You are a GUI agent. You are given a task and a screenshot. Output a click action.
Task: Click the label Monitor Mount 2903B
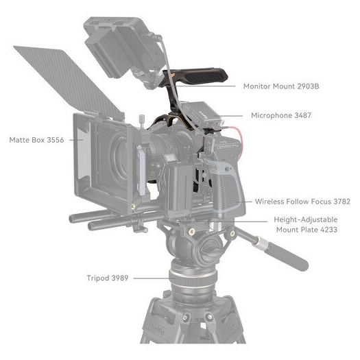[x=281, y=86]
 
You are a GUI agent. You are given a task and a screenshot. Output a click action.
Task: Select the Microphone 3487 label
[x=281, y=115]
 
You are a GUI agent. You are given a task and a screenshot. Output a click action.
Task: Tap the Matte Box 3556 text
[x=36, y=140]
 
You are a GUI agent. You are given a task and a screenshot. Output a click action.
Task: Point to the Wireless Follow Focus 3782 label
[x=302, y=202]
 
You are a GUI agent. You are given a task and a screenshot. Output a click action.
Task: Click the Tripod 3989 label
[x=108, y=278]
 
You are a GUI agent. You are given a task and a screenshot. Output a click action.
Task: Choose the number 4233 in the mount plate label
[x=327, y=230]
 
